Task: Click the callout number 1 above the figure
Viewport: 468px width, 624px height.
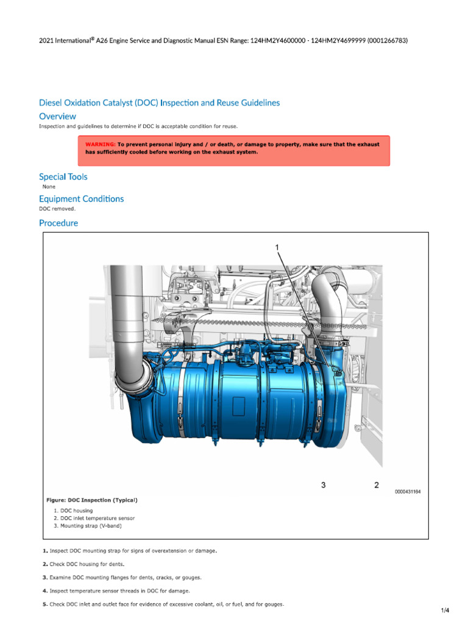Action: (278, 247)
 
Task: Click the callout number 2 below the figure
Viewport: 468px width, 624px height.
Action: (377, 485)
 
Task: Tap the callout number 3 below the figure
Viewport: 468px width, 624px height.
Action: (324, 485)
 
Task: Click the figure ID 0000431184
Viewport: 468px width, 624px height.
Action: (408, 491)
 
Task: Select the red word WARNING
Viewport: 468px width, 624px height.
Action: (100, 144)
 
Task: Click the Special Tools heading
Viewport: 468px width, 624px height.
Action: (63, 177)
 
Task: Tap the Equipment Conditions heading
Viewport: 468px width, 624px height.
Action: (81, 199)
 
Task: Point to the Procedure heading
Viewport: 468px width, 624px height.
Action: (58, 223)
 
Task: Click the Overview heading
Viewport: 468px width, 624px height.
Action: (57, 116)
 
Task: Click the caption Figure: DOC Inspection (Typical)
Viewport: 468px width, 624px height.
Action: (92, 500)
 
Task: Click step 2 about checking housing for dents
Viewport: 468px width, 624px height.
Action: (82, 564)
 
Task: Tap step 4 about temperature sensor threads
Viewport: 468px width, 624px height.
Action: (115, 590)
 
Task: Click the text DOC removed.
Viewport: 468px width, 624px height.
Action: (57, 208)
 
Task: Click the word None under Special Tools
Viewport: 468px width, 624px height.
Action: (49, 186)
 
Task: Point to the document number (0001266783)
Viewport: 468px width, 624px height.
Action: (388, 41)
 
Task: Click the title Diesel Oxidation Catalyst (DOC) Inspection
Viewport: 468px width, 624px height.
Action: (160, 103)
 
